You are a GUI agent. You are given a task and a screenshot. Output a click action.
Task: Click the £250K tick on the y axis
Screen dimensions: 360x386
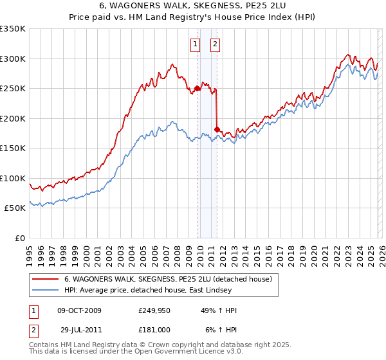click(x=13, y=89)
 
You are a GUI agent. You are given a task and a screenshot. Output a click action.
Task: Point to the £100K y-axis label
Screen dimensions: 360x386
click(x=13, y=178)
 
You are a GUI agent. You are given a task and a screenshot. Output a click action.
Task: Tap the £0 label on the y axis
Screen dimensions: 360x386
click(x=19, y=238)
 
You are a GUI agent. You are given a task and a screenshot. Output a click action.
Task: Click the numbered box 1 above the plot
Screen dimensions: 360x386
click(x=195, y=44)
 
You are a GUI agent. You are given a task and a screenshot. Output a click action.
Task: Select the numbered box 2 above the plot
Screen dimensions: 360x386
click(x=215, y=44)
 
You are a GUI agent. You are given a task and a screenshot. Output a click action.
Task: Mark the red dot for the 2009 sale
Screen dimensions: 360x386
click(x=197, y=89)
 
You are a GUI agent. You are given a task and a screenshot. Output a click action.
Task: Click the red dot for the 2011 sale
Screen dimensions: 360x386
click(x=217, y=130)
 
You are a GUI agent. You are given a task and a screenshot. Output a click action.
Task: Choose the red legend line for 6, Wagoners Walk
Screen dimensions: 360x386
click(x=46, y=280)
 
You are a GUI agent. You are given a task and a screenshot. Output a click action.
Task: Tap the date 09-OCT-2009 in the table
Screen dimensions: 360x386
click(x=79, y=310)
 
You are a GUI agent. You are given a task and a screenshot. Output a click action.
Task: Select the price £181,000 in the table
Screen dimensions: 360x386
click(x=154, y=329)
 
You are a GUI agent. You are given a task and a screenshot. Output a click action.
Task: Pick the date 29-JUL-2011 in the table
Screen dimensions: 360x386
click(x=79, y=329)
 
